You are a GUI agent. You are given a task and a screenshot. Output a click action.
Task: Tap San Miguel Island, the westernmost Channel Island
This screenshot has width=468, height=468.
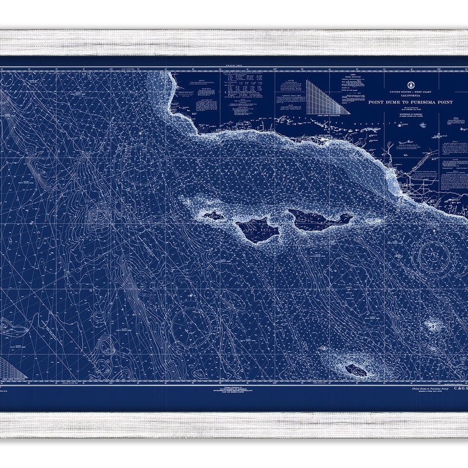(212, 215)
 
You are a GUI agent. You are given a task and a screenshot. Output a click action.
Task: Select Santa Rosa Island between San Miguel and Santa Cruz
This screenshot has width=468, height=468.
(257, 229)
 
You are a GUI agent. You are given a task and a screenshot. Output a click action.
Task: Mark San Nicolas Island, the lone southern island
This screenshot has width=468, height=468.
(356, 370)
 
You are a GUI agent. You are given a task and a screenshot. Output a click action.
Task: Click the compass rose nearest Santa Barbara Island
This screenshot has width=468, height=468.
(436, 255)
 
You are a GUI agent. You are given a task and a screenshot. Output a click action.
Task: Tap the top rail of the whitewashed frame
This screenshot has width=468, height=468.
(234, 42)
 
